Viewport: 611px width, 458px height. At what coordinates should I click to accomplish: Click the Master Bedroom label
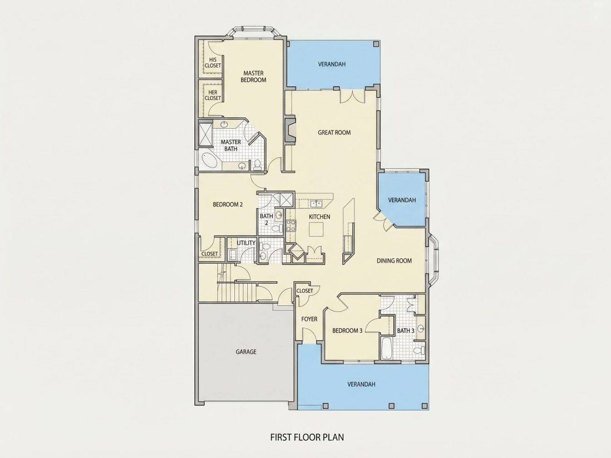pyautogui.click(x=253, y=77)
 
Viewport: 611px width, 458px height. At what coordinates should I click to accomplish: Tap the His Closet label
pyautogui.click(x=212, y=63)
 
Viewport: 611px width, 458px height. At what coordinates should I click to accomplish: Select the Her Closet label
pyautogui.click(x=212, y=95)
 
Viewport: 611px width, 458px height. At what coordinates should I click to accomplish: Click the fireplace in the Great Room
pyautogui.click(x=289, y=130)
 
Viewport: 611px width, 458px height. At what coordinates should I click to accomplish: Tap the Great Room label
pyautogui.click(x=334, y=133)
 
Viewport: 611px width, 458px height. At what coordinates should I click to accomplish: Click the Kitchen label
pyautogui.click(x=319, y=217)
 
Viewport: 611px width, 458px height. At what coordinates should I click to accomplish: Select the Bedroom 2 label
pyautogui.click(x=228, y=204)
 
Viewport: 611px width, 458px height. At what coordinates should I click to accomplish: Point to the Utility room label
pyautogui.click(x=246, y=243)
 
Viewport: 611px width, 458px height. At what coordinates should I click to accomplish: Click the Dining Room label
pyautogui.click(x=394, y=260)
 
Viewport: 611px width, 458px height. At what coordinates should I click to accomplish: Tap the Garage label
pyautogui.click(x=246, y=351)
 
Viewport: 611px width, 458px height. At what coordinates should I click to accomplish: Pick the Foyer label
pyautogui.click(x=309, y=319)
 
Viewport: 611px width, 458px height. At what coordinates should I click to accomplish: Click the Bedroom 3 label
pyautogui.click(x=347, y=330)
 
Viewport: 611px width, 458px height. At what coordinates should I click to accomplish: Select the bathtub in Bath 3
pyautogui.click(x=386, y=348)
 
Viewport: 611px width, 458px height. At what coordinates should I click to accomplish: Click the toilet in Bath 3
pyautogui.click(x=418, y=349)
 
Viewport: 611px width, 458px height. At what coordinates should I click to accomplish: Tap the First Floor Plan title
pyautogui.click(x=307, y=437)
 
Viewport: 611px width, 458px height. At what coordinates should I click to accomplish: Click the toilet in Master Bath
pyautogui.click(x=257, y=165)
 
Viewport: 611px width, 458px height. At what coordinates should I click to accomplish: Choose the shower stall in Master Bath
pyautogui.click(x=206, y=134)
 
